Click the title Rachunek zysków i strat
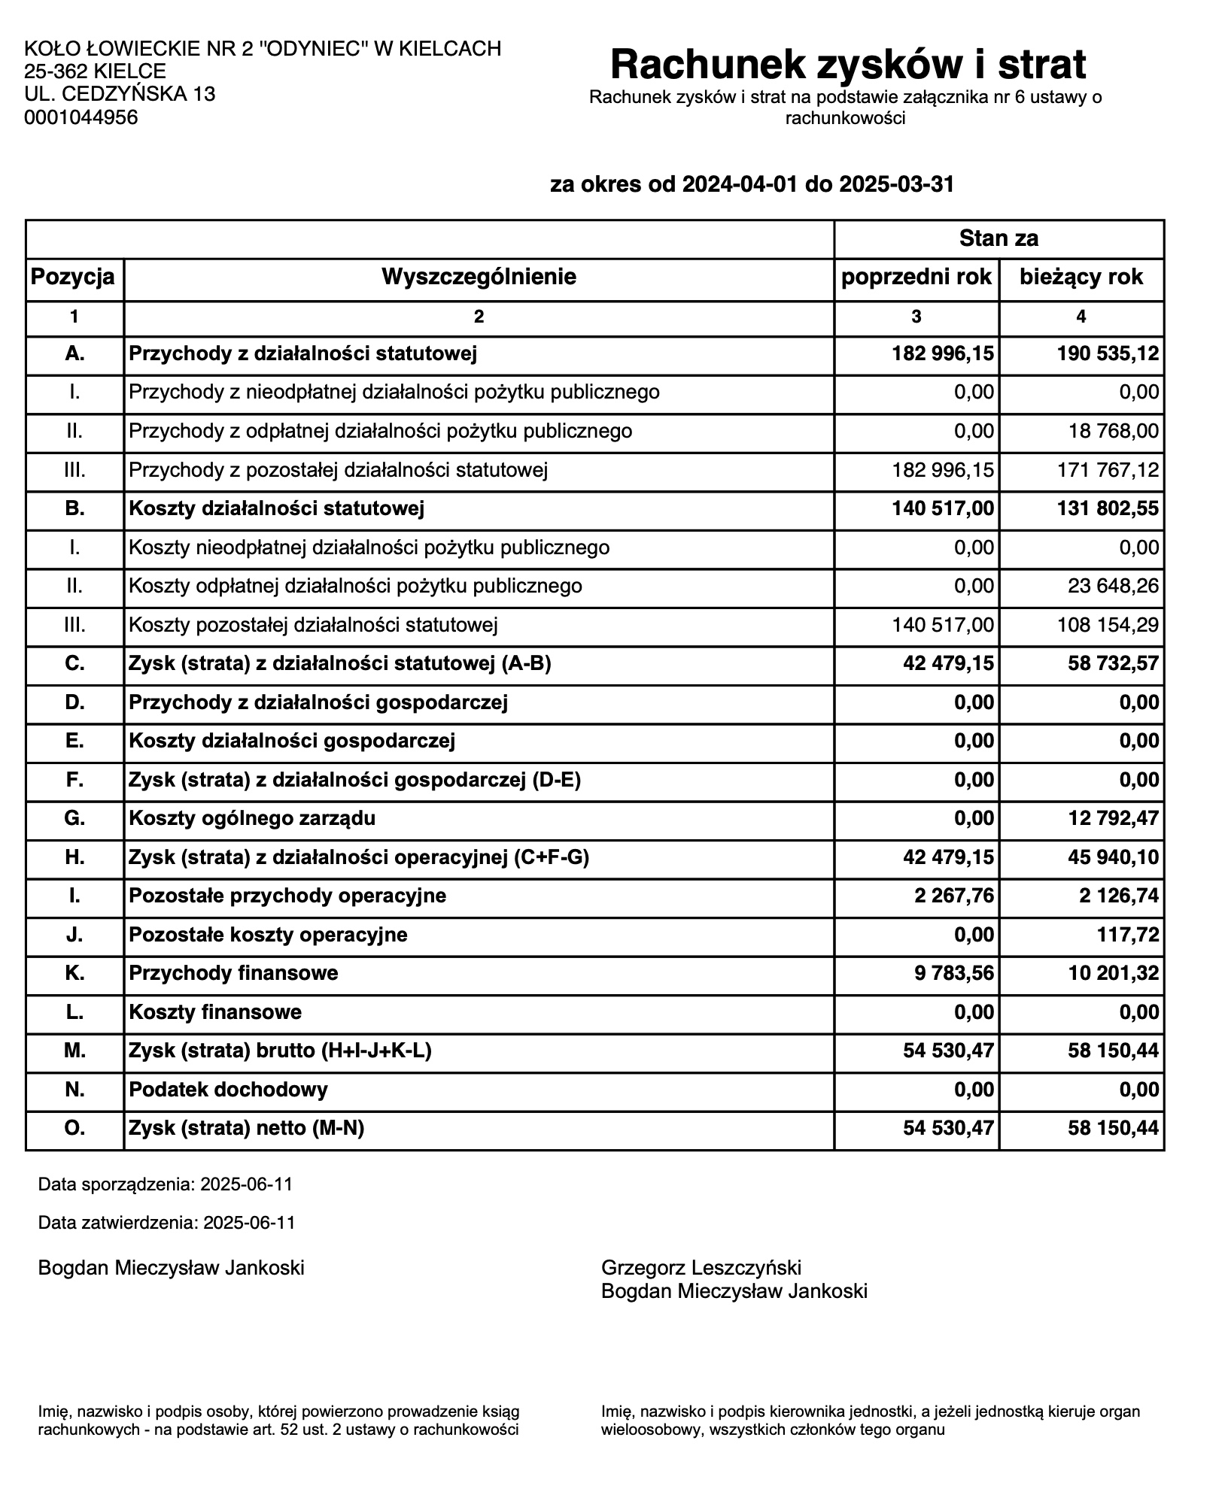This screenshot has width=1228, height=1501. tap(847, 65)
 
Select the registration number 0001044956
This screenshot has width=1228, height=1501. tap(81, 117)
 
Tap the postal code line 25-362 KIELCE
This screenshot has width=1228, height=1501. tap(95, 71)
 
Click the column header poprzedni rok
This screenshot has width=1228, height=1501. tap(916, 277)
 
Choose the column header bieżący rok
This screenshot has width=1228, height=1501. tap(1081, 277)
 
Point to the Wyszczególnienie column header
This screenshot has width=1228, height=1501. tap(479, 277)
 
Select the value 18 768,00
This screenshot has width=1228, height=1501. tap(1114, 431)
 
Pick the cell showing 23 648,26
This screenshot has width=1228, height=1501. tap(1114, 586)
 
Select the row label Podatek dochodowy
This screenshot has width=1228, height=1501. tap(228, 1090)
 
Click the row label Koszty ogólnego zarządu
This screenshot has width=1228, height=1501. tap(252, 818)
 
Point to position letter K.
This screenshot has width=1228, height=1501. tap(74, 973)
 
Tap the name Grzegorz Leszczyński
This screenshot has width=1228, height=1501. tap(701, 1268)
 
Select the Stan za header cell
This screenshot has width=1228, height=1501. tap(999, 239)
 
